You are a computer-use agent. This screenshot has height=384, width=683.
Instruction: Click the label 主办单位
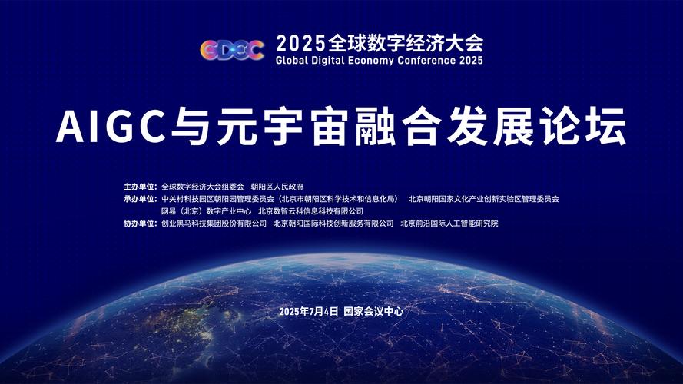pyautogui.click(x=140, y=187)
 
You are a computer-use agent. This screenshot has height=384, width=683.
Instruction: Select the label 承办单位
pyautogui.click(x=140, y=199)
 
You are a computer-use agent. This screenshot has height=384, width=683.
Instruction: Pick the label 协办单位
pyautogui.click(x=140, y=223)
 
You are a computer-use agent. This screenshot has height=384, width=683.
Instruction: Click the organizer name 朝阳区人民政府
pyautogui.click(x=277, y=187)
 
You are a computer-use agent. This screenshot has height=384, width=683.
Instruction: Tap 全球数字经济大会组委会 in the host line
pyautogui.click(x=203, y=187)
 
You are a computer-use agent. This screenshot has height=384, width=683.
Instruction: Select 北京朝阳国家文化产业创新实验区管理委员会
pyautogui.click(x=484, y=199)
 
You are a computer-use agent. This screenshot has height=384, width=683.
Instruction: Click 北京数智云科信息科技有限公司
pyautogui.click(x=310, y=211)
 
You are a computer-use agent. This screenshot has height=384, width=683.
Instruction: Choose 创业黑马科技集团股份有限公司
pyautogui.click(x=214, y=223)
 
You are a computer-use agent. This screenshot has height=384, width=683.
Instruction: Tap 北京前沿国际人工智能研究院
pyautogui.click(x=449, y=223)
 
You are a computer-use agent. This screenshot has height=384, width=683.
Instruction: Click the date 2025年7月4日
pyautogui.click(x=310, y=312)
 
